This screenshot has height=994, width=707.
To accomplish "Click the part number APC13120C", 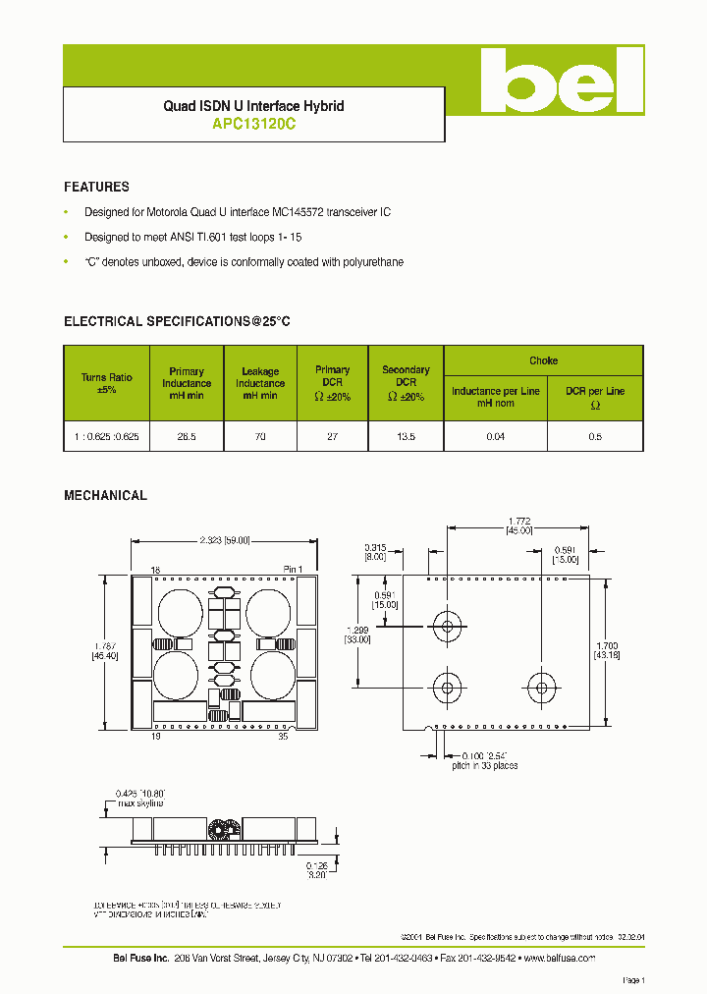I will [x=253, y=125].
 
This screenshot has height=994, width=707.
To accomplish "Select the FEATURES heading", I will [x=96, y=187].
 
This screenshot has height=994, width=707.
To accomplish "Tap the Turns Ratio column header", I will [x=106, y=383].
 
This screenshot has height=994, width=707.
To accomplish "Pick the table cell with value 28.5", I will [x=187, y=435].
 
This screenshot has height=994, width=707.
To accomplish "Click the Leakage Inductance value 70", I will [x=260, y=435].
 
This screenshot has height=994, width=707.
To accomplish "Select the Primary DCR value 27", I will [x=332, y=435].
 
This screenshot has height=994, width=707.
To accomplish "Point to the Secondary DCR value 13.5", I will [x=406, y=435].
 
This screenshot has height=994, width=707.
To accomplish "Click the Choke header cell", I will [x=543, y=360].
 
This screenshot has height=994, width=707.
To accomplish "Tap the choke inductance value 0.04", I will [x=495, y=435].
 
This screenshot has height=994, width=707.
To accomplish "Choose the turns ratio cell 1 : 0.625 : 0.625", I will [x=106, y=435].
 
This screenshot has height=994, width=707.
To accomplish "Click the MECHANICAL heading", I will [x=105, y=496].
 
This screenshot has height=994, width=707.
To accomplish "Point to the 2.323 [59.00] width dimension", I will [x=225, y=540].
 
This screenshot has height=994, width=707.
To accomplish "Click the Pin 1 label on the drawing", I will [x=294, y=570].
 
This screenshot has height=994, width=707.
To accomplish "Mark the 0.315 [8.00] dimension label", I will [x=375, y=553].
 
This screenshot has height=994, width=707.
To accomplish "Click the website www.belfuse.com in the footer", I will [x=561, y=957].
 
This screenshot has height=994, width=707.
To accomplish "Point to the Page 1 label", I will [x=633, y=980].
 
